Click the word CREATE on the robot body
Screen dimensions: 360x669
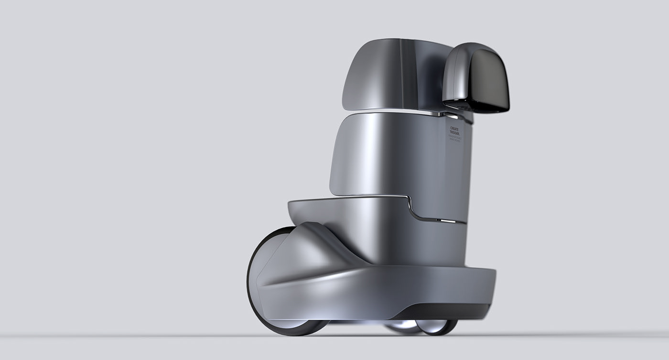pyautogui.click(x=454, y=129)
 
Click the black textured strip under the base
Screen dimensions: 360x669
pyautogui.click(x=444, y=312)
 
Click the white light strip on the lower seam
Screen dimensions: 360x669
pyautogui.click(x=448, y=221)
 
